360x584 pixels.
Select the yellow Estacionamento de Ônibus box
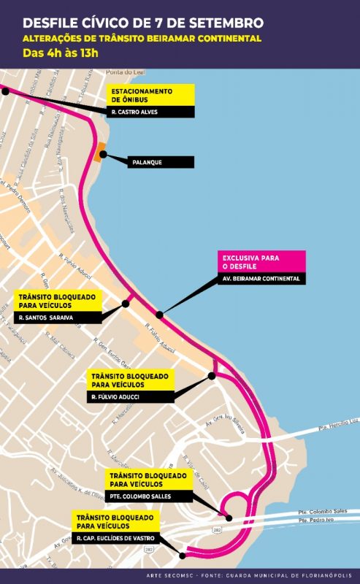pyautogui.click(x=150, y=95)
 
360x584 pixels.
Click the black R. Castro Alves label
pyautogui.click(x=150, y=112)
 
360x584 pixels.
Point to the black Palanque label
pyautogui.click(x=153, y=162)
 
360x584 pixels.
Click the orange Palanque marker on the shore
pyautogui.click(x=99, y=154)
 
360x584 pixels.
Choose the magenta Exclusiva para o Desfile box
pyautogui.click(x=263, y=261)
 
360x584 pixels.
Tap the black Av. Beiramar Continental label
pyautogui.click(x=263, y=278)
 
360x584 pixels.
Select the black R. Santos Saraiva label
pyautogui.click(x=57, y=318)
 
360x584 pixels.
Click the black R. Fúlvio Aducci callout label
pyautogui.click(x=131, y=396)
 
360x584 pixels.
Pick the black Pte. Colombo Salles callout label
pyautogui.click(x=150, y=496)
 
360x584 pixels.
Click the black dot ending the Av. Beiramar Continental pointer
pyautogui.click(x=159, y=315)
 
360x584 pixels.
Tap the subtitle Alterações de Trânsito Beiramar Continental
pyautogui.click(x=142, y=38)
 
